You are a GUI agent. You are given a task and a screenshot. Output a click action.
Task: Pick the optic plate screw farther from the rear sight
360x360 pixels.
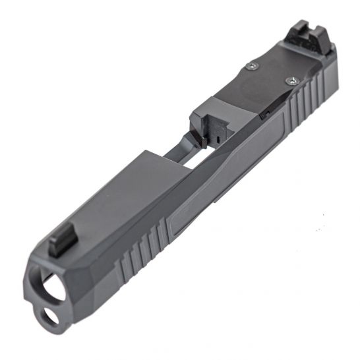253,65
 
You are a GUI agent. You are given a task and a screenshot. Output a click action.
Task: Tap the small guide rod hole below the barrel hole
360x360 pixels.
47,318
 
